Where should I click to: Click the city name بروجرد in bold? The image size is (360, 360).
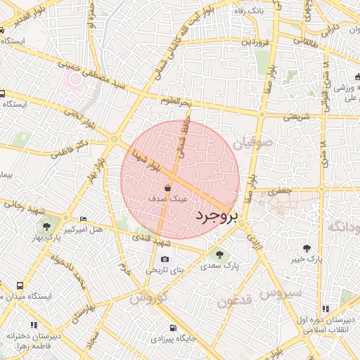[217, 215]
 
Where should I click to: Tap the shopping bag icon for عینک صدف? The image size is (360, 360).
[167, 188]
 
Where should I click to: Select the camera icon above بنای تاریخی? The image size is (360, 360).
[165, 259]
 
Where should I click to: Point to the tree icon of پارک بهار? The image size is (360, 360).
[46, 226]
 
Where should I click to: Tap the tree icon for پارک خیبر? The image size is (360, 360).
[307, 247]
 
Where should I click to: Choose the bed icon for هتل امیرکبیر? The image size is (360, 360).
[84, 219]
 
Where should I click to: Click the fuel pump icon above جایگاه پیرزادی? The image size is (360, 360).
[173, 327]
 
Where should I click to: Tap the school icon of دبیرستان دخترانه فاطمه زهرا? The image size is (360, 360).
[10, 335]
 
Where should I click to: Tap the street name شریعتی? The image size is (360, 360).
[297, 117]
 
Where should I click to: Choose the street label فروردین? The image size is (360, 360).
[256, 42]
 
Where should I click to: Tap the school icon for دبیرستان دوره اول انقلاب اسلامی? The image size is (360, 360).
[326, 308]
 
